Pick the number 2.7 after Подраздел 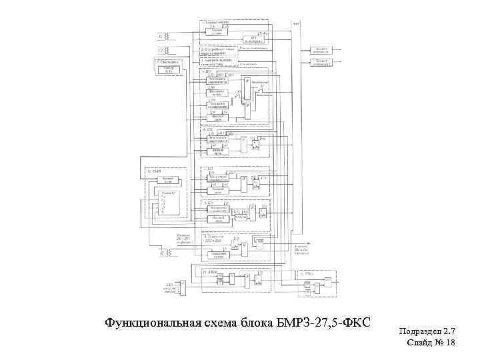[449, 331]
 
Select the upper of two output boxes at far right [322, 49]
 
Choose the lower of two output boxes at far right [322, 62]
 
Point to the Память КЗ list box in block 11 [168, 202]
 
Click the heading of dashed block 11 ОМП [154, 171]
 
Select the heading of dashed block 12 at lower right [307, 273]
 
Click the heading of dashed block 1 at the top [216, 23]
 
